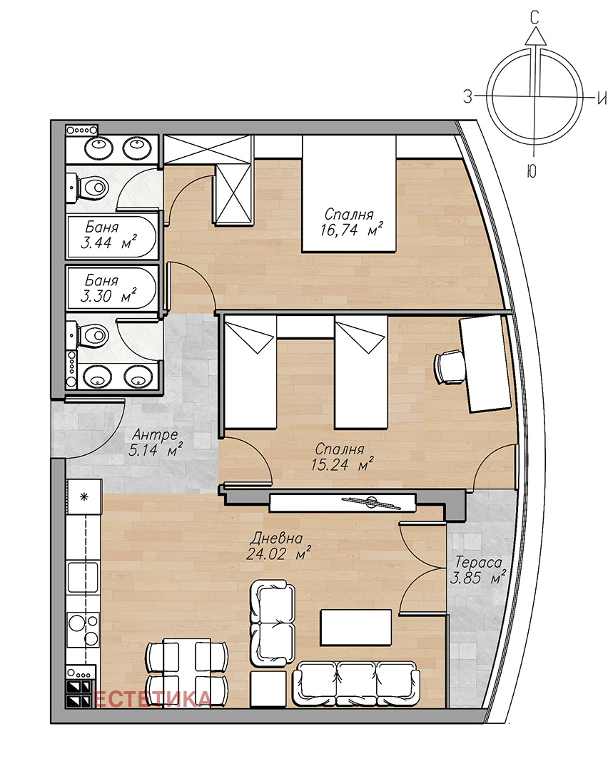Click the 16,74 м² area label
[351, 230]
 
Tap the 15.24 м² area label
[342, 464]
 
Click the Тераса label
[478, 562]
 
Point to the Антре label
[155, 434]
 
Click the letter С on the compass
[535, 19]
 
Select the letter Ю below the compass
[532, 171]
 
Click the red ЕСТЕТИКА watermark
[153, 699]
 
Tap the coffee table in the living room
[356, 628]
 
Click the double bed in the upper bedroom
[349, 194]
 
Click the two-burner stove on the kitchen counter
[83, 630]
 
